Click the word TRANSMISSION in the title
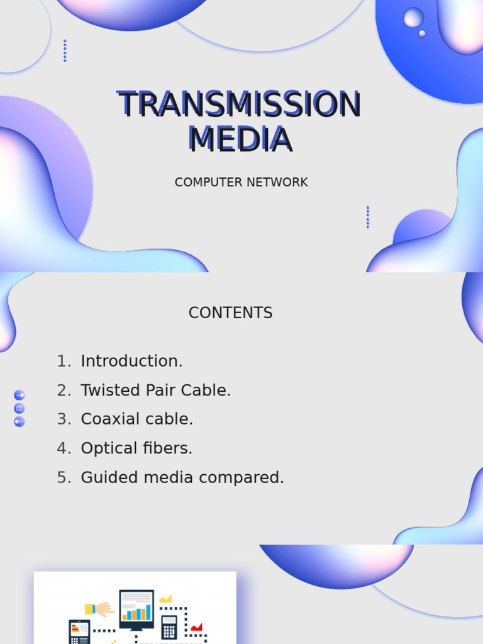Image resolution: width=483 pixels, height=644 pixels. (x=239, y=104)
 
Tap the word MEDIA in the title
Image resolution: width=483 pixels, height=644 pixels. (x=240, y=139)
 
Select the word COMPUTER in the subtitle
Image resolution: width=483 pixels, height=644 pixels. (x=203, y=182)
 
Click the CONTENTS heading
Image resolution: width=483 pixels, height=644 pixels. (x=230, y=313)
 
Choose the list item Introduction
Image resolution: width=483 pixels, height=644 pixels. (x=131, y=362)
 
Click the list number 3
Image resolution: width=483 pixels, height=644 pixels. (x=64, y=419)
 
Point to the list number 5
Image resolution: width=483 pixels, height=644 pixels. (x=64, y=478)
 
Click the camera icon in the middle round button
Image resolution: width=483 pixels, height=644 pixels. (x=19, y=408)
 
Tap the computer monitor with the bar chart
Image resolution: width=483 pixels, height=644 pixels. (x=136, y=609)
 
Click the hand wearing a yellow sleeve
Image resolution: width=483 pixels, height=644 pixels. (x=100, y=609)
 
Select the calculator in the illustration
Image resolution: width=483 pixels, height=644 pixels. (x=169, y=626)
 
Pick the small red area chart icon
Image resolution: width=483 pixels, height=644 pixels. (x=196, y=626)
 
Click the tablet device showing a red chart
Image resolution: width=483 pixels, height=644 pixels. (x=79, y=631)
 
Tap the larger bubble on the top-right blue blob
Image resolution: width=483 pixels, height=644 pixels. (x=413, y=17)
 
